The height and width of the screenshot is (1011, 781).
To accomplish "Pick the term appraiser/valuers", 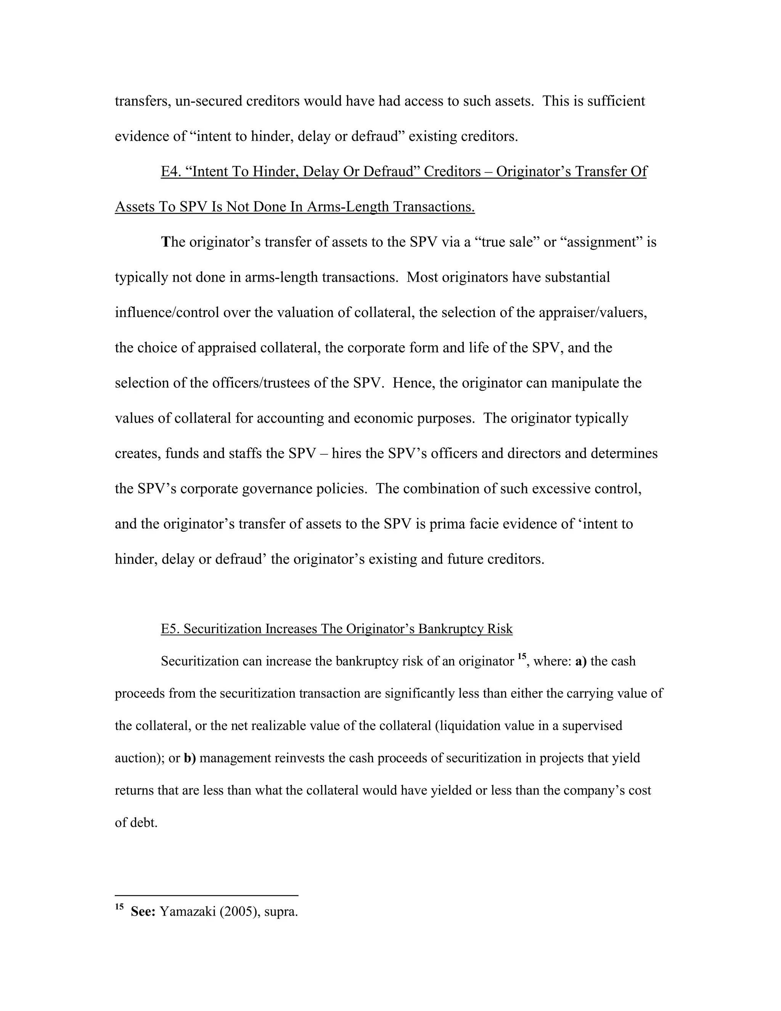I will pyautogui.click(x=590, y=312).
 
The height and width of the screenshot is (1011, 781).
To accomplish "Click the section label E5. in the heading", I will pyautogui.click(x=170, y=629).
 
